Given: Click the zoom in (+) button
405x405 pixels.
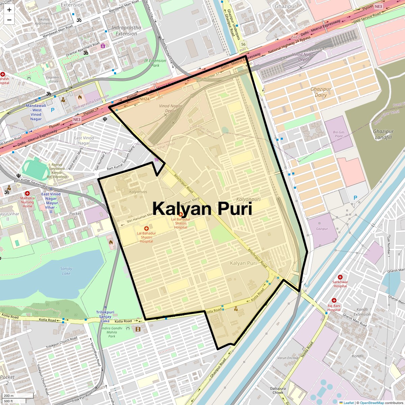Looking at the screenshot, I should pyautogui.click(x=9, y=10).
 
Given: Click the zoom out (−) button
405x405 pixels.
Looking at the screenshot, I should pyautogui.click(x=9, y=20).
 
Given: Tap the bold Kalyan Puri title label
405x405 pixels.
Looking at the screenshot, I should pyautogui.click(x=202, y=208).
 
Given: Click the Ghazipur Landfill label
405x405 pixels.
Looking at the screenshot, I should pyautogui.click(x=383, y=134).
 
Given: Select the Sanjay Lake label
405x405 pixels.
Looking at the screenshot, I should pyautogui.click(x=66, y=271).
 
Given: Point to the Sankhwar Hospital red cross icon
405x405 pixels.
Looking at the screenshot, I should pyautogui.click(x=340, y=277).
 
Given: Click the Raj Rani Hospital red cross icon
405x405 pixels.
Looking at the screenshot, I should pyautogui.click(x=334, y=300).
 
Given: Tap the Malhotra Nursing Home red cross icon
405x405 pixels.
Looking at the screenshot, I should pyautogui.click(x=27, y=193).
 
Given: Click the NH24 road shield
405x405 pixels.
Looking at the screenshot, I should pyautogui.click(x=144, y=99).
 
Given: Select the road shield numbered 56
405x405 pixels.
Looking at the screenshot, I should pyautogui.click(x=243, y=44).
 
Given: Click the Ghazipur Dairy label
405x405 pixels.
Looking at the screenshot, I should pyautogui.click(x=321, y=92).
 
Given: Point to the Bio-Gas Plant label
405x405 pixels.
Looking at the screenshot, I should pyautogui.click(x=339, y=134).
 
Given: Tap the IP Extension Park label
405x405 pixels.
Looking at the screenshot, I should pyautogui.click(x=155, y=63).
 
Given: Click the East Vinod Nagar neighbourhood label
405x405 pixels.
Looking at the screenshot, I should pyautogui.click(x=84, y=140).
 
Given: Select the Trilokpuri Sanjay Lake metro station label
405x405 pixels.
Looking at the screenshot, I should pyautogui.click(x=105, y=317).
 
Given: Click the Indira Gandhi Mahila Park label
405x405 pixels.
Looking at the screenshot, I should pyautogui.click(x=112, y=332).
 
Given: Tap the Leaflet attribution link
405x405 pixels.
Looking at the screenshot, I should pyautogui.click(x=349, y=403).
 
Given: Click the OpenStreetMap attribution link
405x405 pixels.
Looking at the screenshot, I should pyautogui.click(x=372, y=403).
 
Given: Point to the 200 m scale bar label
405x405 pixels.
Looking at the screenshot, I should pyautogui.click(x=9, y=396).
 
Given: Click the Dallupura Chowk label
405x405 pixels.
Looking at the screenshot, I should pyautogui.click(x=278, y=390).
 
